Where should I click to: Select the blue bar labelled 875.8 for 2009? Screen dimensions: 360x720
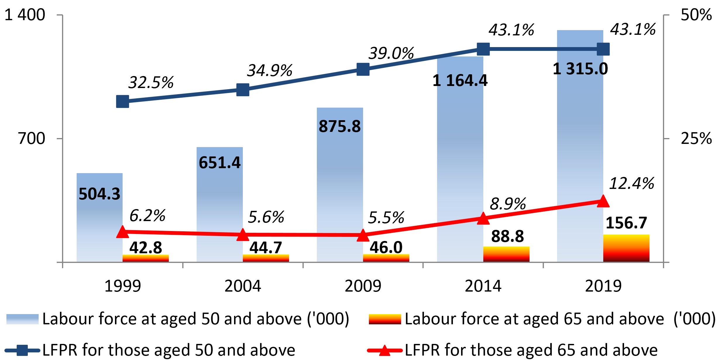tap(340, 187)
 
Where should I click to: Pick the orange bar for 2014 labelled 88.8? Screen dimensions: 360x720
tap(506, 254)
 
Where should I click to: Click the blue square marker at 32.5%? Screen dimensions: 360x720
tap(123, 101)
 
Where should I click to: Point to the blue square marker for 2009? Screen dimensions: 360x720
tap(363, 70)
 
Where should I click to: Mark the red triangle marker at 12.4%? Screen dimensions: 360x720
tap(603, 201)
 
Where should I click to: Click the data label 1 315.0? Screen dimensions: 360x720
tap(580, 69)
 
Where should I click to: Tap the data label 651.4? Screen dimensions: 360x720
tap(219, 163)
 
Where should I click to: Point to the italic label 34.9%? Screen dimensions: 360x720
tap(269, 70)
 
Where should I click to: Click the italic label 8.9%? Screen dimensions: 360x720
tap(508, 204)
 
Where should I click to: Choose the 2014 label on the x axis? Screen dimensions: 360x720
tap(483, 286)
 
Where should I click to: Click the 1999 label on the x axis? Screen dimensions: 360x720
tap(123, 286)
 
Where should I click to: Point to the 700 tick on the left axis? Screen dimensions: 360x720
tap(32, 138)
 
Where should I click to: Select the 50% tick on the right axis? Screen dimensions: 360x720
tap(696, 15)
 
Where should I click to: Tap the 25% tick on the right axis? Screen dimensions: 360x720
tap(696, 138)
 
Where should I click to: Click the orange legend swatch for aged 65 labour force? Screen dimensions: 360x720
tap(385, 319)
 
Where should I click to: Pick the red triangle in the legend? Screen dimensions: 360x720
tap(384, 350)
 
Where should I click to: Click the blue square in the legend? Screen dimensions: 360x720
tap(22, 350)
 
